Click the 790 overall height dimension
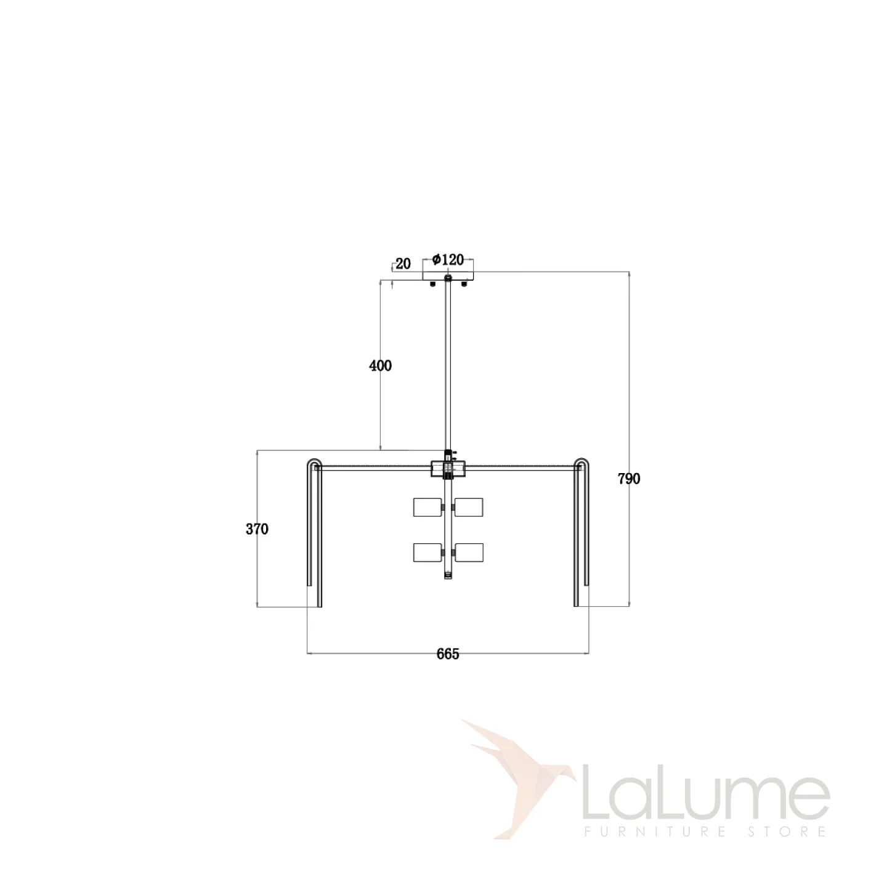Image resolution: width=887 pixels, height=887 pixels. pyautogui.click(x=629, y=479)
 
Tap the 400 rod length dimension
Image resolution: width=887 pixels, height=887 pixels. pyautogui.click(x=380, y=366)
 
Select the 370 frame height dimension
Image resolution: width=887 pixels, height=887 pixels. pyautogui.click(x=257, y=529)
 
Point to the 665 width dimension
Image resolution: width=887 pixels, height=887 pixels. pyautogui.click(x=448, y=654)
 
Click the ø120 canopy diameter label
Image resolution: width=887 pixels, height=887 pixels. pyautogui.click(x=448, y=259)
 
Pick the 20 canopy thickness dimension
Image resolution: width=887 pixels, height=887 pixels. pyautogui.click(x=403, y=264)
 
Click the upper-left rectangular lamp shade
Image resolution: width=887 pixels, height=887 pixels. pyautogui.click(x=427, y=507)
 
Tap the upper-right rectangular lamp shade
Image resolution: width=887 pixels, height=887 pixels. pyautogui.click(x=469, y=507)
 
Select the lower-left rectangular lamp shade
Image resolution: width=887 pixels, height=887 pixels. pyautogui.click(x=427, y=553)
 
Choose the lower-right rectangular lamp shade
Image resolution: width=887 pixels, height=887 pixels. pyautogui.click(x=469, y=553)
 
